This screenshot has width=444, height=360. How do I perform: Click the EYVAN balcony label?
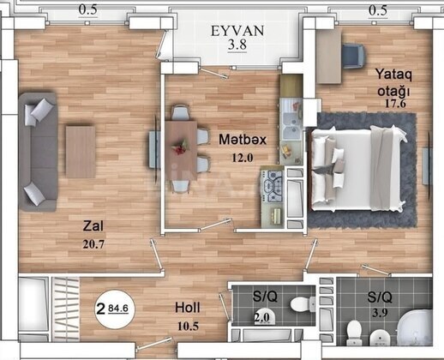tap(237, 31)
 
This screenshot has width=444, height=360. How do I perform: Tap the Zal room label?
tap(93, 226)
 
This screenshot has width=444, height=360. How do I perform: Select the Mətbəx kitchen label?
tap(243, 140)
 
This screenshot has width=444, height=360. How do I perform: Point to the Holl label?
tap(188, 308)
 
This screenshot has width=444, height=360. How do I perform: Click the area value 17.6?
tap(395, 104)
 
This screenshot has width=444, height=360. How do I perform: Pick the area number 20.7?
tap(93, 244)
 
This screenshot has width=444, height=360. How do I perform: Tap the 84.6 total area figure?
tap(118, 309)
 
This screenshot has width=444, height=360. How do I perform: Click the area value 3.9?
tap(380, 314)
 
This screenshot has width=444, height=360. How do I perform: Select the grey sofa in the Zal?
tap(38, 152)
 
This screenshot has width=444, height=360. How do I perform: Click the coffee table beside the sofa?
tap(81, 152)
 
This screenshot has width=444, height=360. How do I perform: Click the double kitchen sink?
tap(291, 126)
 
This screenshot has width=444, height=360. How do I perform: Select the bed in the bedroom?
tap(357, 168)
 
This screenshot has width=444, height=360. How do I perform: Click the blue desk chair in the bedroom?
tap(354, 56)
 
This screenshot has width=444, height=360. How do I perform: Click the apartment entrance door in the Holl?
tap(154, 344)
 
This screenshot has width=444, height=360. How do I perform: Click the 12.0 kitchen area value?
tap(243, 158)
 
